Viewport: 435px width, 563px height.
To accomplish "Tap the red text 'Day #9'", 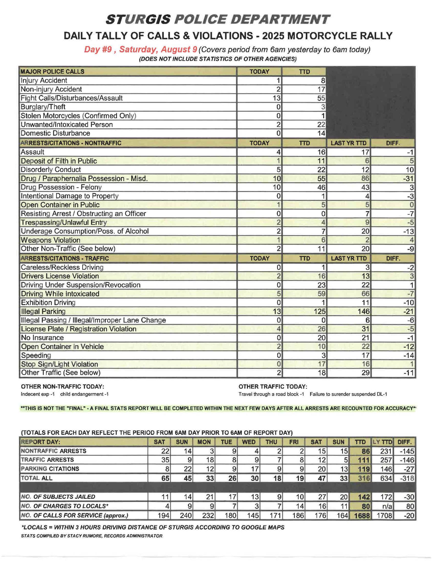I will pos(97,49).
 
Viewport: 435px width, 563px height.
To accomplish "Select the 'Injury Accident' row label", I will pos(44,81).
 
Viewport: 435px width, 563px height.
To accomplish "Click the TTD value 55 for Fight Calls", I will pos(321,98).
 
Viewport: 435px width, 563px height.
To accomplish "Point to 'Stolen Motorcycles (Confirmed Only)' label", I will pos(78,116).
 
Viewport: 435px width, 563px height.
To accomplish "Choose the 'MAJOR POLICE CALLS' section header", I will pos(52,72).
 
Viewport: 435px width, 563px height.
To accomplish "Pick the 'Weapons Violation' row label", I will pos(51,240).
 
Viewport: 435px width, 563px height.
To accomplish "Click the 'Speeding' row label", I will pos(36,355).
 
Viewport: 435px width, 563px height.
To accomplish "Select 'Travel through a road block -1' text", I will pos(271,394).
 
